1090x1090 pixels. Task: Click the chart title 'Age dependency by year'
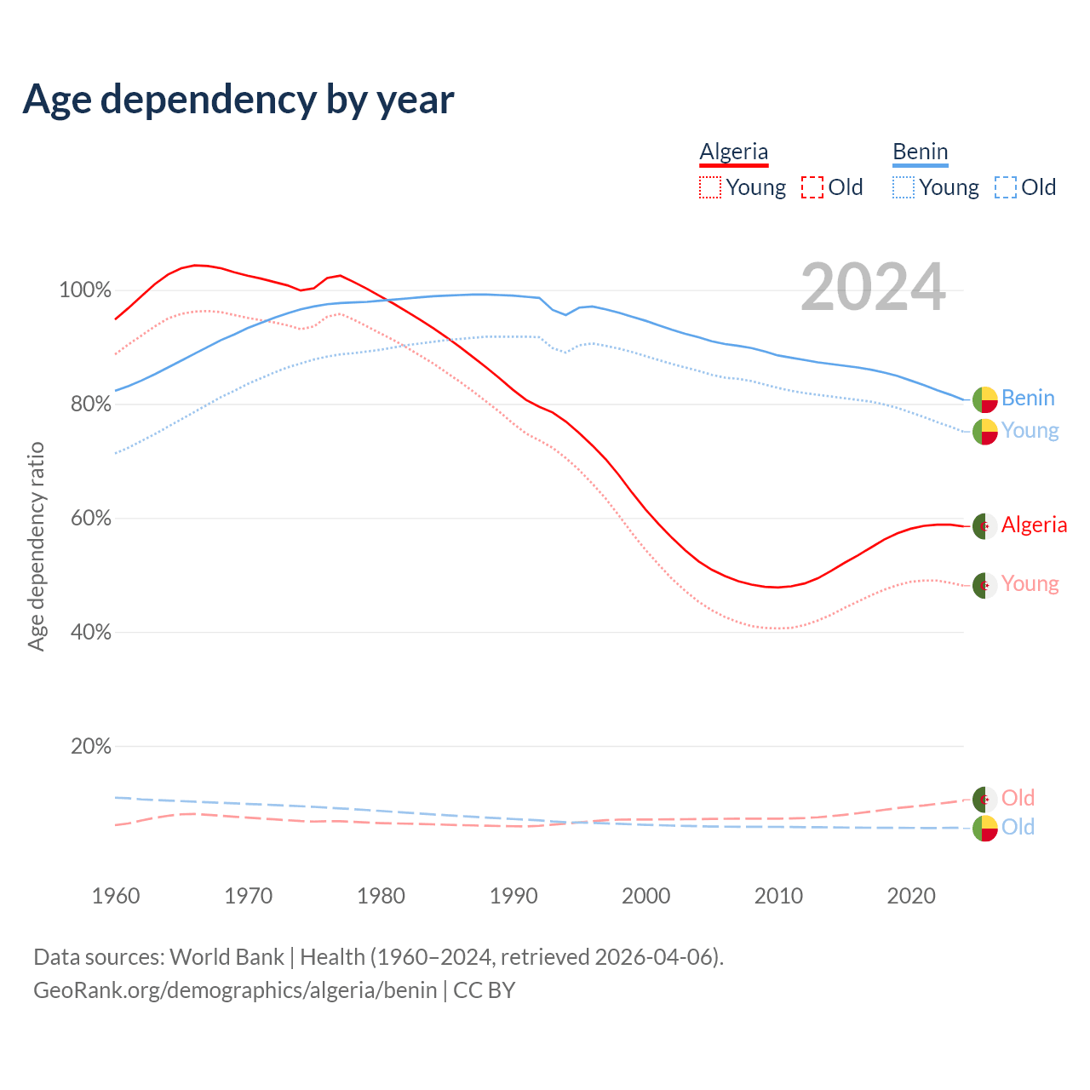[238, 100]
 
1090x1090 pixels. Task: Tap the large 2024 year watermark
[873, 287]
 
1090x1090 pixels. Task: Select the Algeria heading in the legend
[733, 152]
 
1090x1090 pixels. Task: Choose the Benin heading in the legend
[920, 152]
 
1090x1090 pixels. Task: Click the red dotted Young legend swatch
[709, 187]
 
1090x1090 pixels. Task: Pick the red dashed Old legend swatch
[812, 187]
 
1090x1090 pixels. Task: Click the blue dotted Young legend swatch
[903, 187]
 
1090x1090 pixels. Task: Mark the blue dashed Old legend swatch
[1006, 187]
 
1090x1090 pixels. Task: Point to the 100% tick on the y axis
[84, 290]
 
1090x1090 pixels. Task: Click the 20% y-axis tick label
[90, 747]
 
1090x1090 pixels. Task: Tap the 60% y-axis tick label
[90, 519]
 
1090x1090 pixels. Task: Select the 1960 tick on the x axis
[116, 896]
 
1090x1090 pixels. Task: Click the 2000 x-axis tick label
[646, 896]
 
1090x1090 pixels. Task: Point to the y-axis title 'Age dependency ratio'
[36, 547]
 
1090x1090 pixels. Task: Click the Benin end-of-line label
[1028, 399]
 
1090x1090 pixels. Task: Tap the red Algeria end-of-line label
[1034, 525]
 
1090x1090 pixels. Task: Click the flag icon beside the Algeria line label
[985, 526]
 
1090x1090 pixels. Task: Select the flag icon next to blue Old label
[985, 828]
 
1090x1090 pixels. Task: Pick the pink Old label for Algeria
[1018, 798]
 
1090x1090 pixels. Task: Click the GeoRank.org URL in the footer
[235, 990]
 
